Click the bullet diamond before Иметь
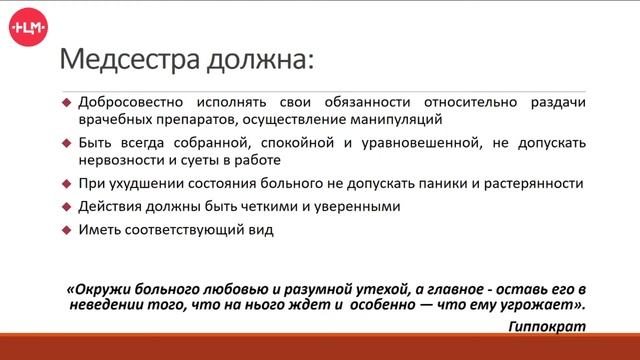click(66, 231)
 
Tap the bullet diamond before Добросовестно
click(66, 103)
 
